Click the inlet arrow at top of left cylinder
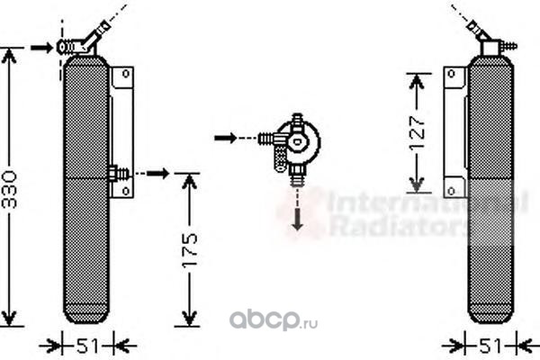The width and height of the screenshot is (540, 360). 40,46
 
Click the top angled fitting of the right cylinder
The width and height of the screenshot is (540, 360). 490,44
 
